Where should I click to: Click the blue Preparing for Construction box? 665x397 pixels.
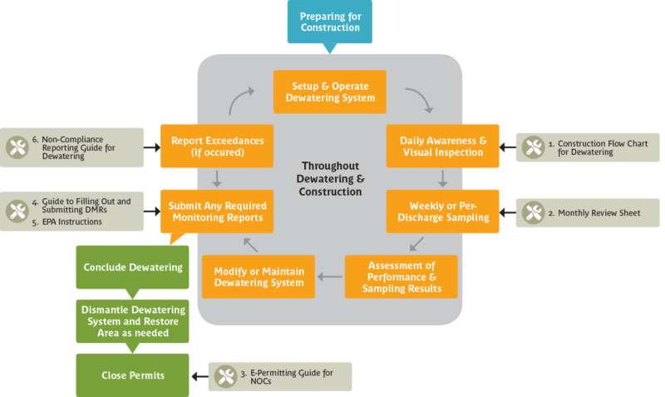tap(330, 22)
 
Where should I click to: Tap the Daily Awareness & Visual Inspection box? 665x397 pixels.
tap(442, 146)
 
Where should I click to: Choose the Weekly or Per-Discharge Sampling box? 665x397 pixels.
tap(442, 212)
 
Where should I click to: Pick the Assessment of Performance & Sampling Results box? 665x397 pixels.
tap(401, 277)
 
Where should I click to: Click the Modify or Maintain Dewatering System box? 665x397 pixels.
tap(258, 277)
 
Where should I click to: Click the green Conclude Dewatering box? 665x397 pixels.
tap(133, 267)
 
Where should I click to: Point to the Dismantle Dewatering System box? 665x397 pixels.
tap(133, 321)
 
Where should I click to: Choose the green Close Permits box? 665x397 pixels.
tap(133, 375)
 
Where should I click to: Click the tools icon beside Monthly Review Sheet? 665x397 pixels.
tap(532, 213)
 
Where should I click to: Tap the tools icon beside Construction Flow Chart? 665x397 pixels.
tap(532, 147)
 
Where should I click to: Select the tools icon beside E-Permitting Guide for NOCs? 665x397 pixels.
tap(224, 376)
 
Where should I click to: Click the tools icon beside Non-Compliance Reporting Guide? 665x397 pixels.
tap(17, 147)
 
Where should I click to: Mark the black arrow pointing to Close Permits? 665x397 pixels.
tap(199, 376)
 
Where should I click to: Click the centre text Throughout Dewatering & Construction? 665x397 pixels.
tap(332, 179)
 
